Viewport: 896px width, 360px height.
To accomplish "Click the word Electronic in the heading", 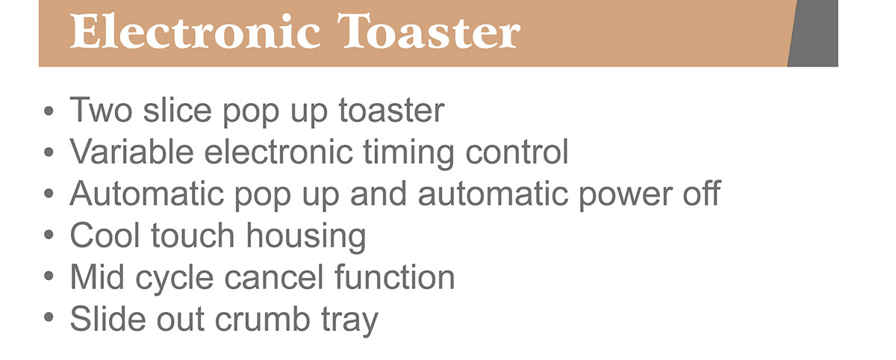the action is [x=195, y=31].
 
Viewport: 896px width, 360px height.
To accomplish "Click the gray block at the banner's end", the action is [x=814, y=33].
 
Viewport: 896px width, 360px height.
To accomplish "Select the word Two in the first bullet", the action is [x=101, y=110].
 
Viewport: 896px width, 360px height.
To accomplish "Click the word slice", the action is [x=177, y=110].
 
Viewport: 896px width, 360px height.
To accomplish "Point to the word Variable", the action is [x=131, y=152].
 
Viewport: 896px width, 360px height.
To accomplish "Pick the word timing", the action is [x=408, y=154].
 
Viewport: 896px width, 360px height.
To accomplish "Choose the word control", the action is [x=517, y=152].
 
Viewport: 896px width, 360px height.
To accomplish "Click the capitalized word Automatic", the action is [x=146, y=193].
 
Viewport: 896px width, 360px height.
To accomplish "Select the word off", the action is [x=702, y=193].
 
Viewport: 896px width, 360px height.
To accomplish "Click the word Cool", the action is [x=105, y=235].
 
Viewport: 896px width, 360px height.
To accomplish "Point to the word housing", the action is [x=305, y=238].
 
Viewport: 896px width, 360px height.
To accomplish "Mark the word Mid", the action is [x=97, y=277].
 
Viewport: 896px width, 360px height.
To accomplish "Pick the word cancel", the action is [x=273, y=277].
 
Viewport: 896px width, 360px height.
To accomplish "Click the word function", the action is [x=395, y=277].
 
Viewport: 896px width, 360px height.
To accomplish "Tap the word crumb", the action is [x=263, y=319].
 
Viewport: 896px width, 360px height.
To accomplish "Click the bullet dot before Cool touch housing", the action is [x=49, y=235].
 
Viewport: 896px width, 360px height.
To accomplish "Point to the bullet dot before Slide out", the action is [x=49, y=318].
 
